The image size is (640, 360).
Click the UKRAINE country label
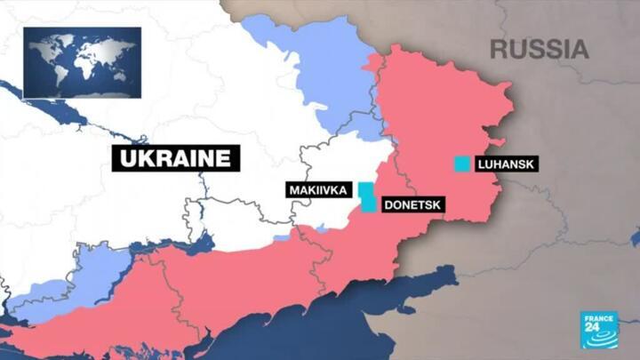coord(176,159)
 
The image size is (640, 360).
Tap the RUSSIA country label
coord(540,48)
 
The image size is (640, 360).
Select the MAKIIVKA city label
coord(317,190)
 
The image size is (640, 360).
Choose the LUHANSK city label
coord(508,164)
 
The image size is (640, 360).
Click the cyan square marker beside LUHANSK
coord(461,164)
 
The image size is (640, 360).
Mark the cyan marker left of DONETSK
coord(369,204)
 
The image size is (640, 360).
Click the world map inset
coord(82,61)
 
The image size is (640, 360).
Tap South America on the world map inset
coord(56,76)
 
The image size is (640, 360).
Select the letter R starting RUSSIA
coord(499,48)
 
